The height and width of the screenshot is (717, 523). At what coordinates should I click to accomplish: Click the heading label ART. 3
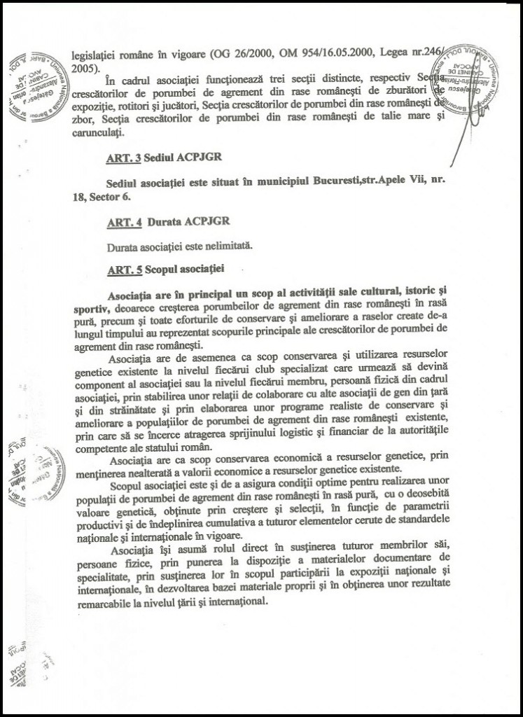pos(120,159)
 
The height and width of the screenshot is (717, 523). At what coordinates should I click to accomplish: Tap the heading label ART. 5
pos(120,268)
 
